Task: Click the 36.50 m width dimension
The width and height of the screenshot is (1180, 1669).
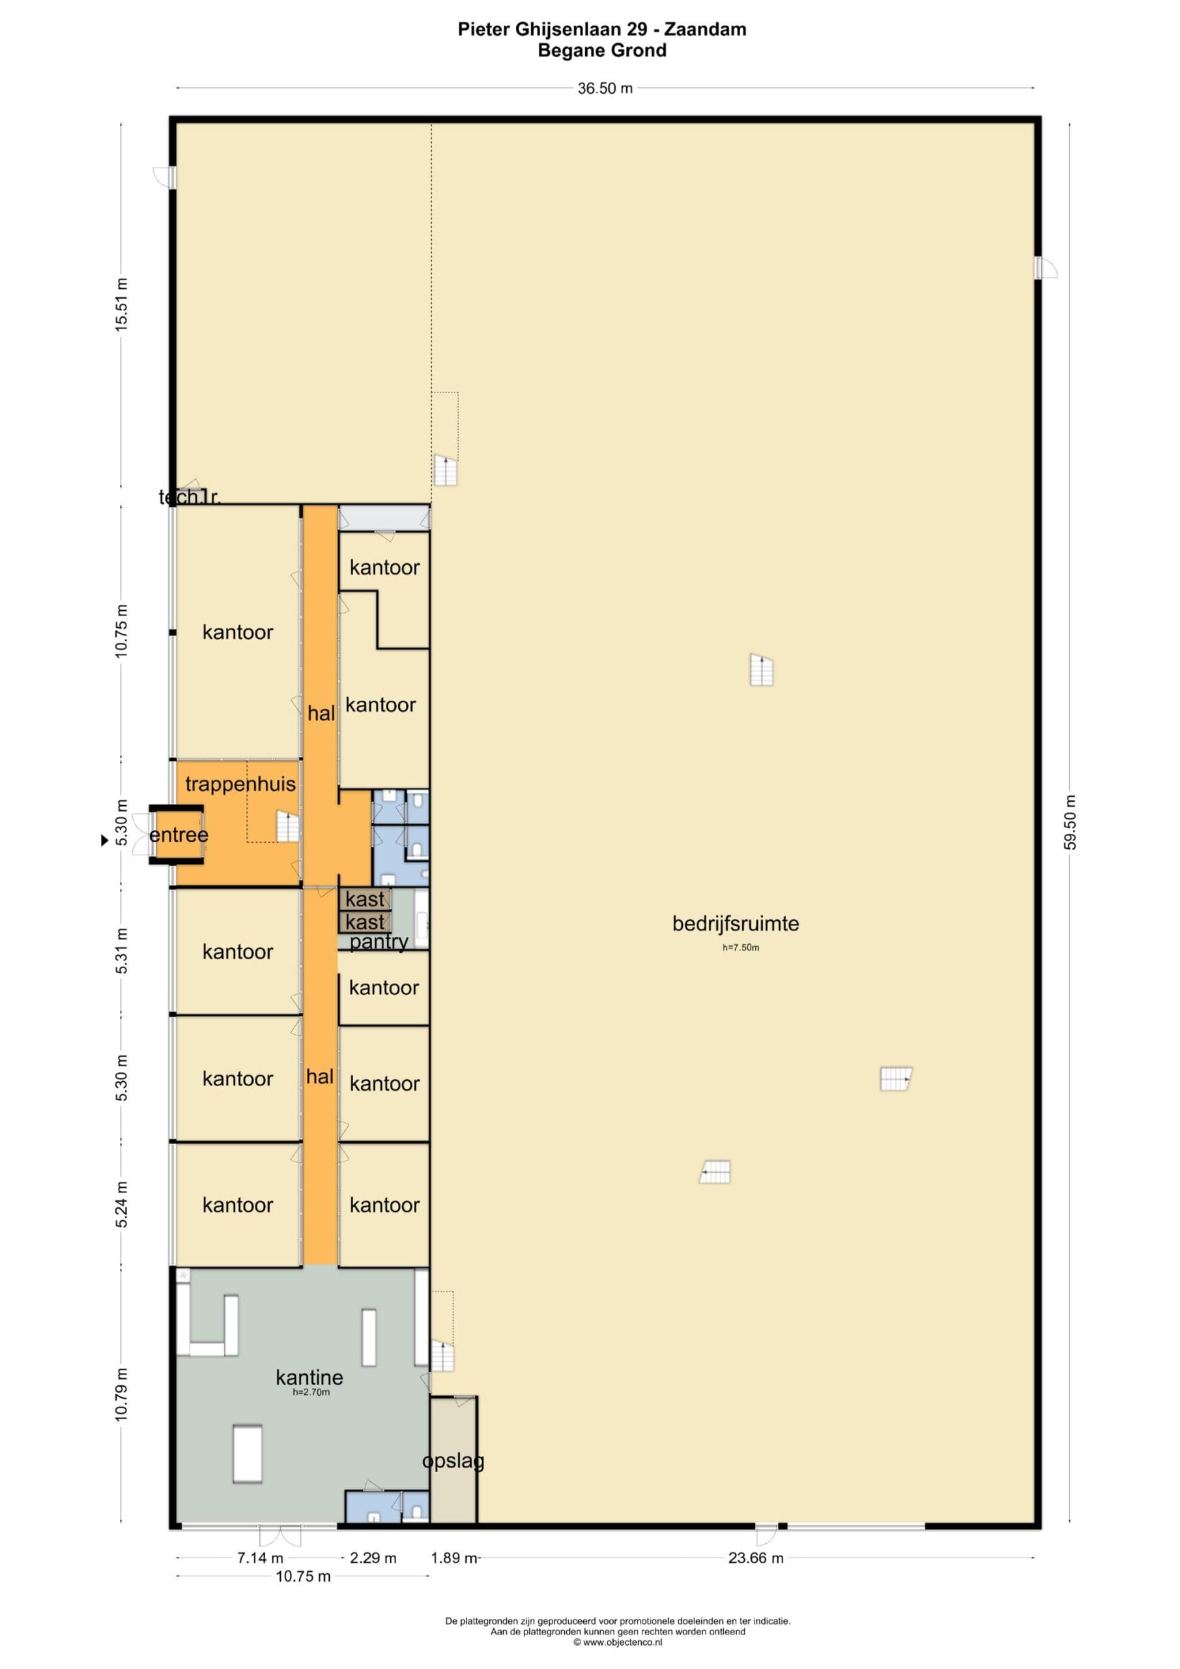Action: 605,89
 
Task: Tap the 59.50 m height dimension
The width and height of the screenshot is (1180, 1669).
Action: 1071,822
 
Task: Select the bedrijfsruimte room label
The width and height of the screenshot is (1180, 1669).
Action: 736,924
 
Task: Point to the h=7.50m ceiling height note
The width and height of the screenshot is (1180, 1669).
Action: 740,948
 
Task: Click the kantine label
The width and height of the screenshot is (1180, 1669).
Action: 309,1377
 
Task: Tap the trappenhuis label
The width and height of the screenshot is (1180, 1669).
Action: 240,784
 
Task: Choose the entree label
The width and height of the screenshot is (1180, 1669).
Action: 179,834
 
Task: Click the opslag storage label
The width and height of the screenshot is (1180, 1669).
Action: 453,1460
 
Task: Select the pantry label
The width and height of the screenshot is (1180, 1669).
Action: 379,942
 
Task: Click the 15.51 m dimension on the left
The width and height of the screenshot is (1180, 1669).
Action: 121,304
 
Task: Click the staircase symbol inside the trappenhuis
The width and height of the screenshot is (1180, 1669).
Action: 288,827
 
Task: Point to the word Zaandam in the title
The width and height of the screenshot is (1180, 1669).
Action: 705,29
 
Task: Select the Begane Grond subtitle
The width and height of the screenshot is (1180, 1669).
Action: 601,50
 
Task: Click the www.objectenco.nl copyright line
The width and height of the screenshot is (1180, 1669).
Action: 618,1642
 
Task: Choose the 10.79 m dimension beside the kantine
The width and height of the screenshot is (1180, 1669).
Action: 121,1395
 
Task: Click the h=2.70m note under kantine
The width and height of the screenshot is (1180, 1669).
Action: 311,1393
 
